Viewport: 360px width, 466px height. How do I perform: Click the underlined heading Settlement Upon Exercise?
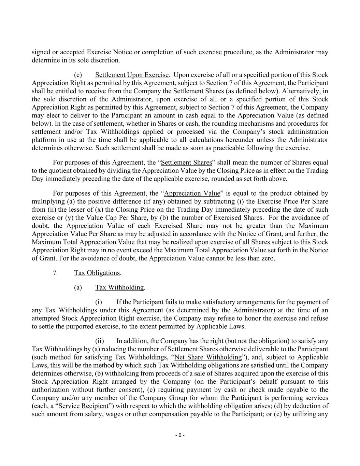pyautogui.click(x=132, y=75)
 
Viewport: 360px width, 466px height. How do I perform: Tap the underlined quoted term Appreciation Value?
pyautogui.click(x=192, y=193)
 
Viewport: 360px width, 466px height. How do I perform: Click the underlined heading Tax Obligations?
pyautogui.click(x=97, y=273)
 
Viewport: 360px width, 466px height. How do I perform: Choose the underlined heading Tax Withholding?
pyautogui.click(x=119, y=287)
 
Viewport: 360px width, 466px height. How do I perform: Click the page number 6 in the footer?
pyautogui.click(x=179, y=435)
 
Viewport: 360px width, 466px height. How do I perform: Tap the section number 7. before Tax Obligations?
pyautogui.click(x=55, y=273)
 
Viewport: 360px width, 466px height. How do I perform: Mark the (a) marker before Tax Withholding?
pyautogui.click(x=78, y=287)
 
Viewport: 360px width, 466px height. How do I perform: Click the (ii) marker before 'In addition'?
pyautogui.click(x=99, y=341)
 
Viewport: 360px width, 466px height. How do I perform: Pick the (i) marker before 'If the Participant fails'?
pyautogui.click(x=99, y=302)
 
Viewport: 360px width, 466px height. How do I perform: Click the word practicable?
pyautogui.click(x=253, y=148)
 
